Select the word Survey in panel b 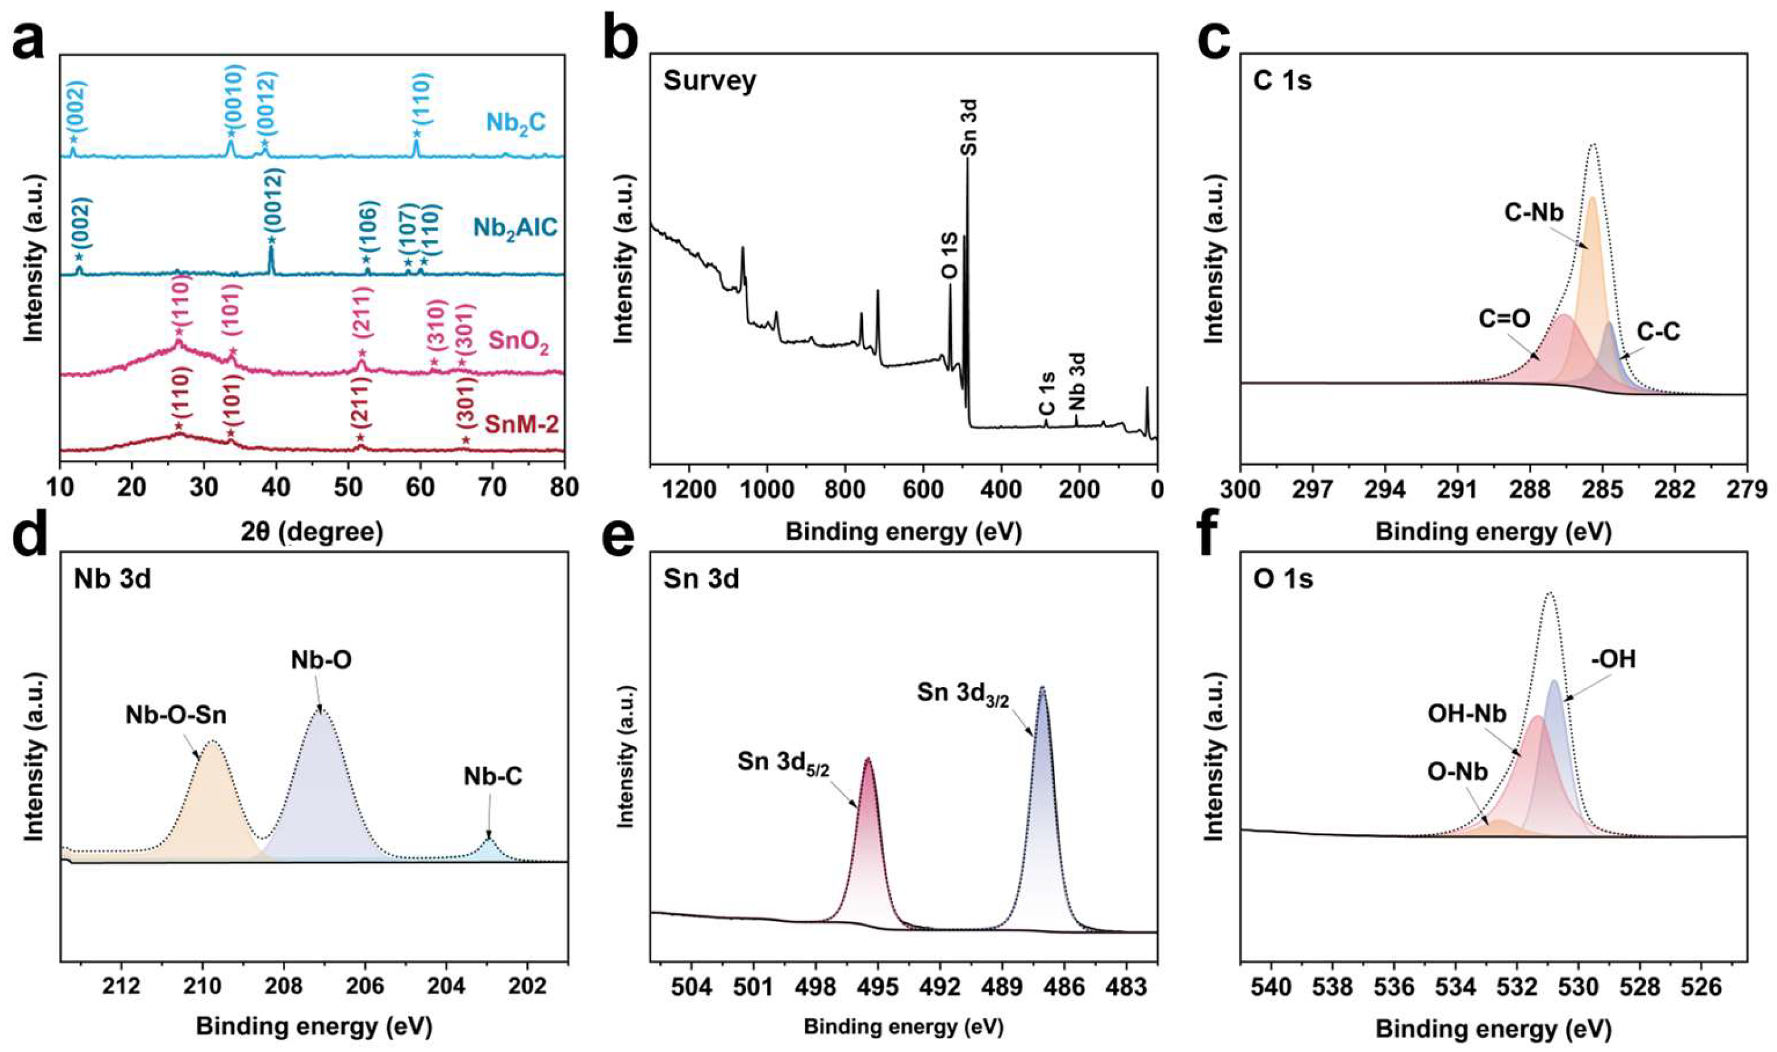(710, 81)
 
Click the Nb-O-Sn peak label (177, 715)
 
